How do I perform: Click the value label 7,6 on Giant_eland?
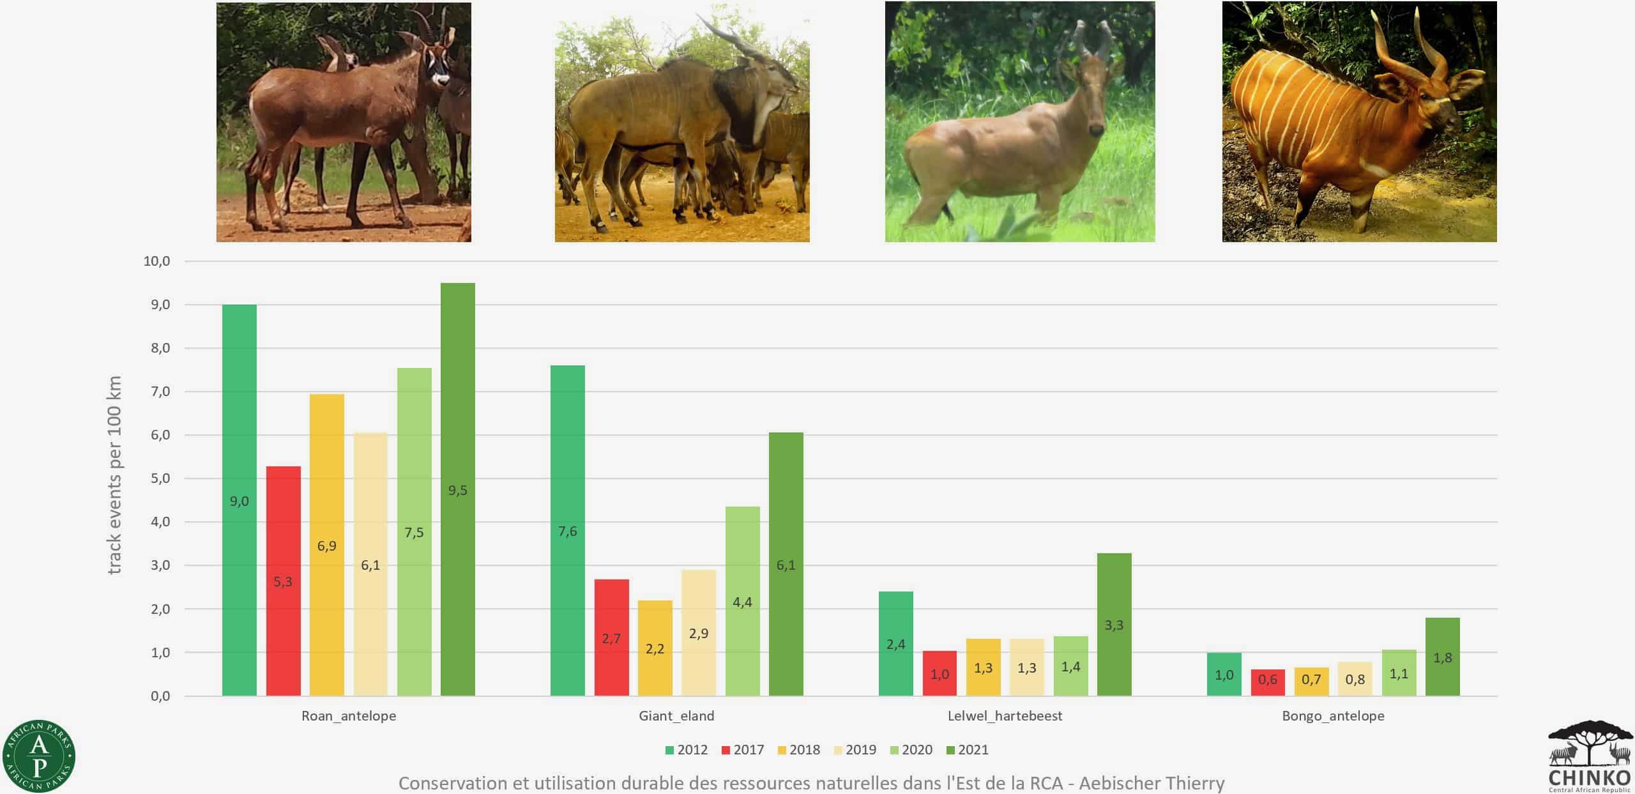(567, 531)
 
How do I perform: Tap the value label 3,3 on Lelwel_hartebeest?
(1114, 625)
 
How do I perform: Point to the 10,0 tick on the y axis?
(156, 261)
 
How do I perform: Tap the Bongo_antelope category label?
(1333, 716)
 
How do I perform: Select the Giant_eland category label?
(676, 716)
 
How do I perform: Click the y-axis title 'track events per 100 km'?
(114, 475)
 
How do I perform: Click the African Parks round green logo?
(39, 756)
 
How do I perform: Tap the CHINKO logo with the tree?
(1588, 757)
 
